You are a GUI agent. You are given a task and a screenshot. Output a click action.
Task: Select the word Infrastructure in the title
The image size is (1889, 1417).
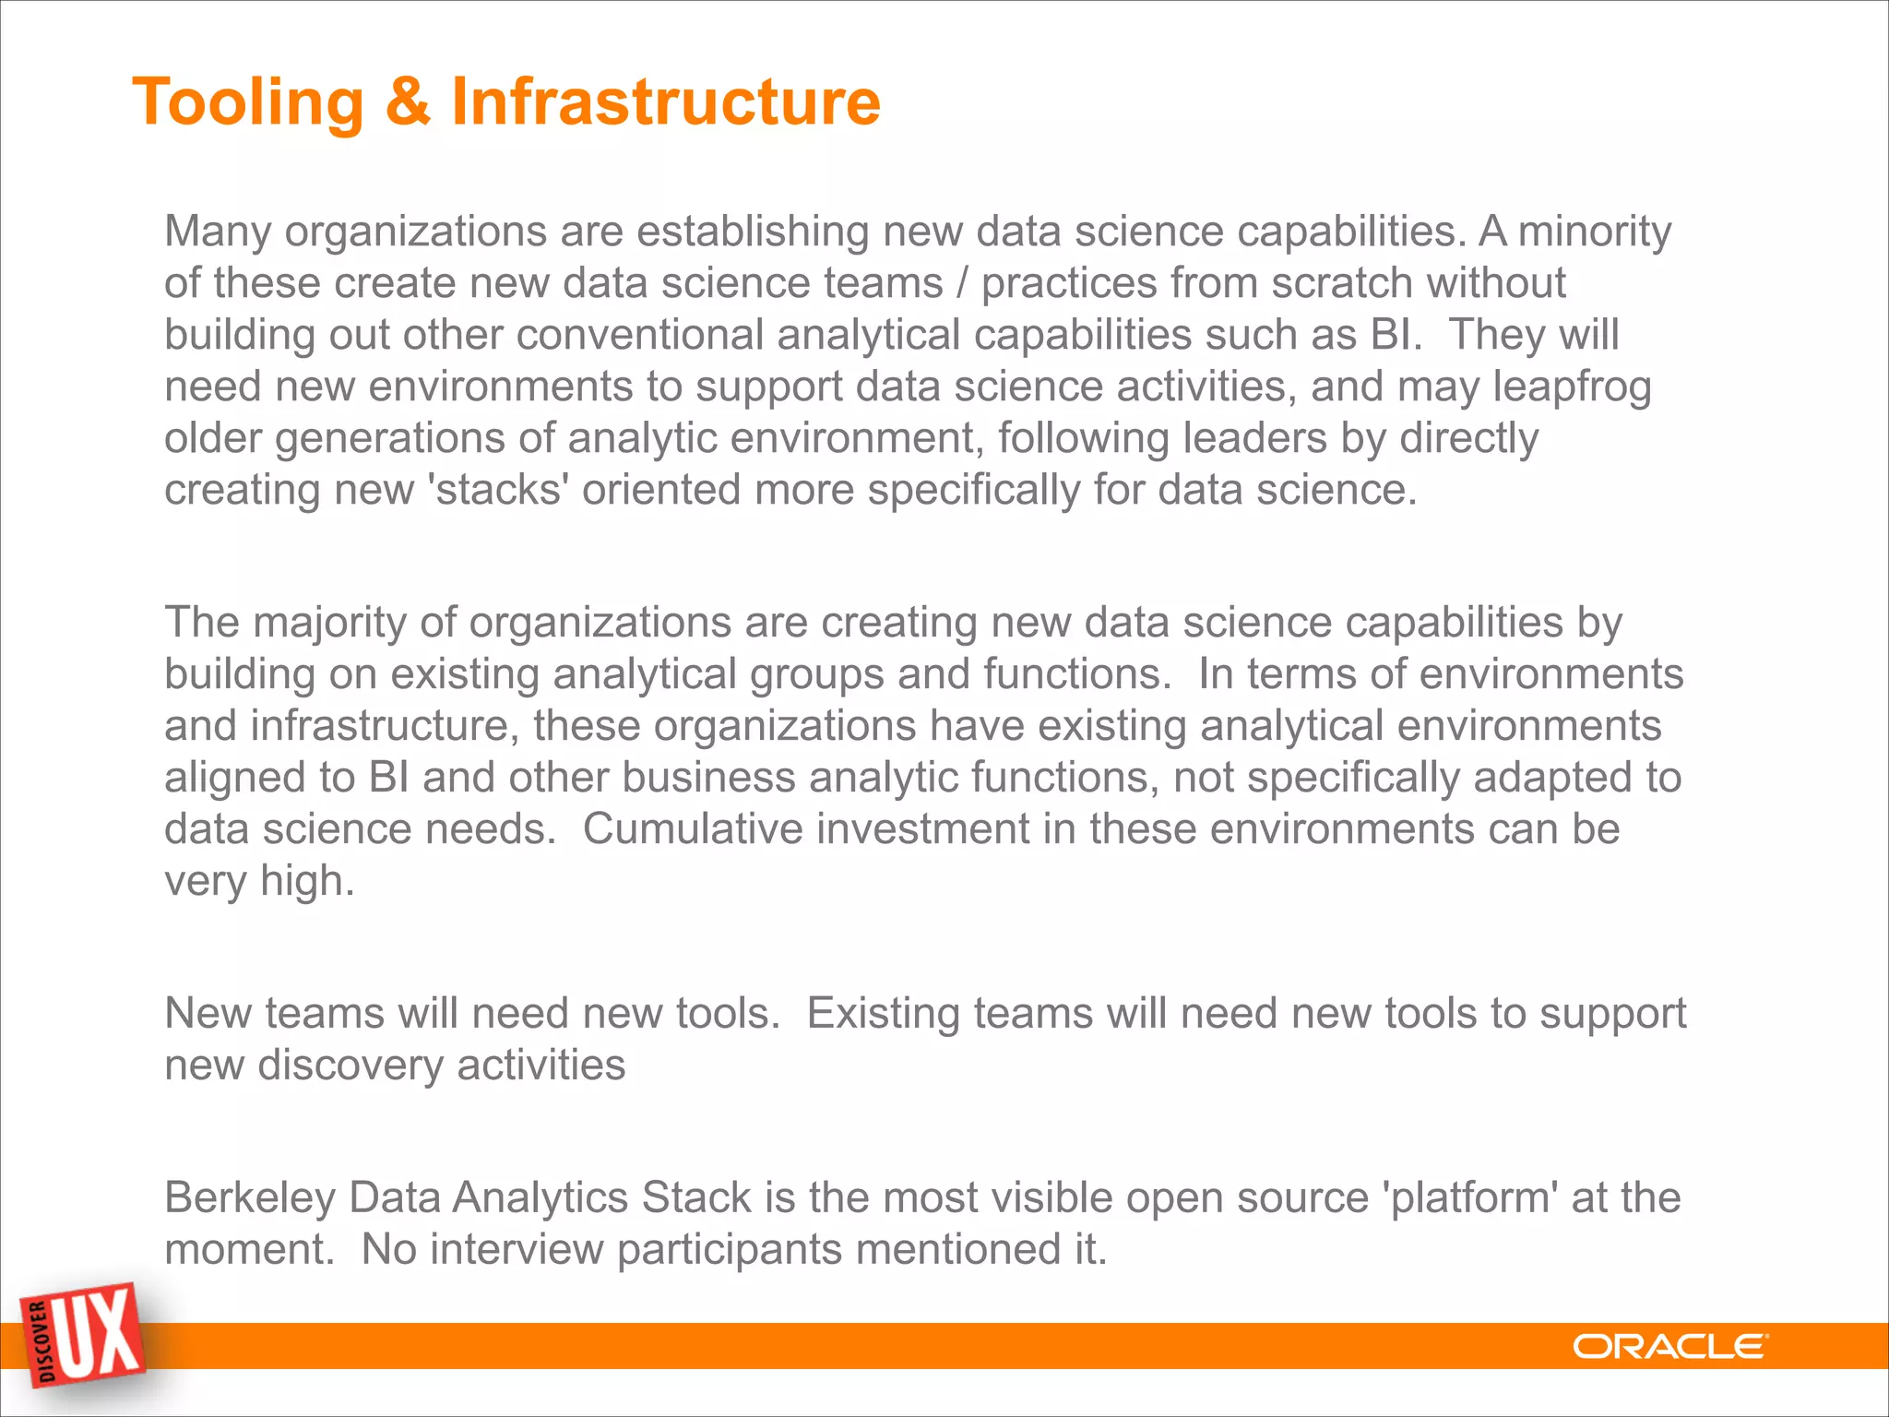point(665,101)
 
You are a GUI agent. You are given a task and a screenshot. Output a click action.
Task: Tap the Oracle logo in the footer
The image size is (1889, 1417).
point(1670,1347)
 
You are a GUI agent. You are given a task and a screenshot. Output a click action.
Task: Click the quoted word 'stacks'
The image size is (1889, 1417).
point(498,490)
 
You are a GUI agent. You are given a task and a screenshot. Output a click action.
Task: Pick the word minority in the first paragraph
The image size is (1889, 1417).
point(1595,232)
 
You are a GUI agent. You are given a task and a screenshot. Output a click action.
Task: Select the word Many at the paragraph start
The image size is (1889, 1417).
point(217,232)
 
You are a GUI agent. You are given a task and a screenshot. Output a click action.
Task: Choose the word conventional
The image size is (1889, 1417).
point(639,335)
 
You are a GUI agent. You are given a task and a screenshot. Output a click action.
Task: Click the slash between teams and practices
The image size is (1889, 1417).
point(962,283)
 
